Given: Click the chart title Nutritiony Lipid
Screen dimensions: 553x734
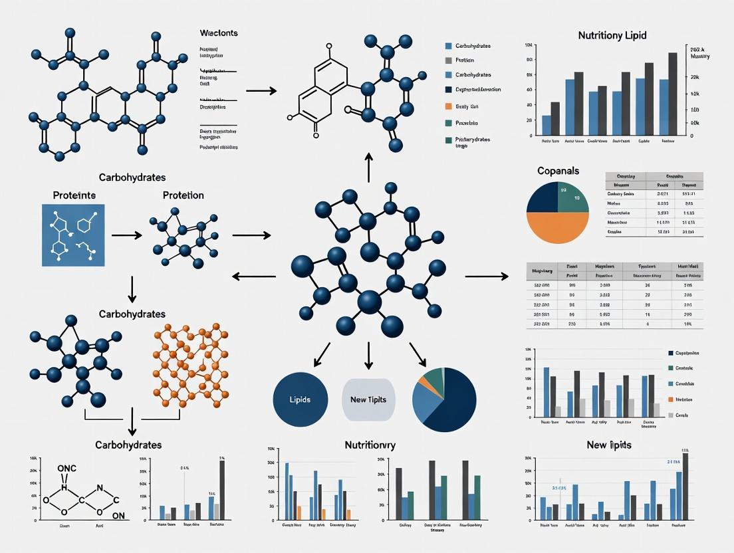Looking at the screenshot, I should pos(612,35).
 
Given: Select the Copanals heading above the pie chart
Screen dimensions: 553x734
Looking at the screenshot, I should pos(558,171).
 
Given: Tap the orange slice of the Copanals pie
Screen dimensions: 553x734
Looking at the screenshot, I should pos(558,228).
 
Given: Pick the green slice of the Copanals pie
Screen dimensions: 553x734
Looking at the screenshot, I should pos(573,197).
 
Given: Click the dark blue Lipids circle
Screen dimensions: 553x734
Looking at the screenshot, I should pos(301,399).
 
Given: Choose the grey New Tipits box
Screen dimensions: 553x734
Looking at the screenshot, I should pos(372,399).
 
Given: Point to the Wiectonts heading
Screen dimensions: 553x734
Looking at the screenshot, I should pos(219,33).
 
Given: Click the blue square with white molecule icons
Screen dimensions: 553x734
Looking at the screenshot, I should pos(73,235).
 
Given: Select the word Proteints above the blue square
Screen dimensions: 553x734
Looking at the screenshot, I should pos(74,195).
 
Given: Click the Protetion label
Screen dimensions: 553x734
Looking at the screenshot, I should pos(183,195).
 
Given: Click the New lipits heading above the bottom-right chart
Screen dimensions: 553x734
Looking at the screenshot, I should pos(609,444).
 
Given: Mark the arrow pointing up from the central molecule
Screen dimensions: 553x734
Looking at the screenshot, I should pos(369,166).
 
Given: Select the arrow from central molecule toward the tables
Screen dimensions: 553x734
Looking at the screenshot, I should pos(486,276).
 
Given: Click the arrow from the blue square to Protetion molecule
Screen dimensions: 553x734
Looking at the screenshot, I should pos(126,235).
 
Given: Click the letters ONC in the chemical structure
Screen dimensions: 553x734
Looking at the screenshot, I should pos(66,468).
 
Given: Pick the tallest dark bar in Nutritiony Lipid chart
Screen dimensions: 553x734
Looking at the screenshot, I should pos(672,94).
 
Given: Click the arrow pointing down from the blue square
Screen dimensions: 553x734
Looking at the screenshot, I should pos(132,288).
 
